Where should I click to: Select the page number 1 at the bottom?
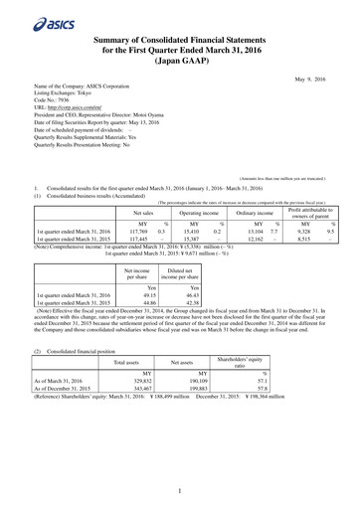click(180, 490)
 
